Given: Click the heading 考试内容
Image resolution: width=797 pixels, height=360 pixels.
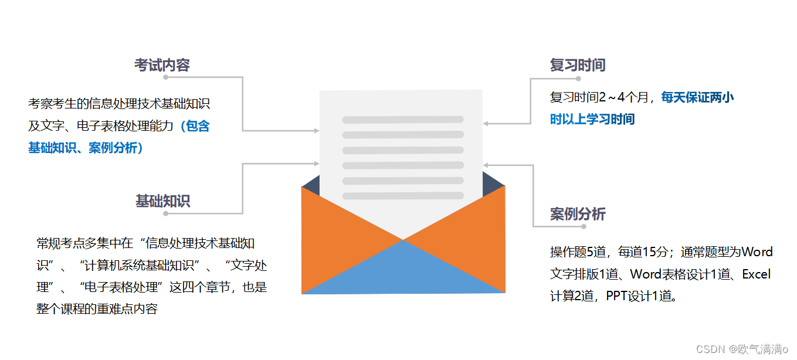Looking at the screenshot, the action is coord(162,65).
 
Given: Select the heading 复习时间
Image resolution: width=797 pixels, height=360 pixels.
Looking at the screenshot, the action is coord(577,65).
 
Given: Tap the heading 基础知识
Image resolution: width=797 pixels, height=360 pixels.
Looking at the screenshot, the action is coord(162,201).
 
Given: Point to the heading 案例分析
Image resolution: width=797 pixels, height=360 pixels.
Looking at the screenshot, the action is coord(577,214).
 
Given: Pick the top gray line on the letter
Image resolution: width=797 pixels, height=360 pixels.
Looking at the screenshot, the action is coord(403,120).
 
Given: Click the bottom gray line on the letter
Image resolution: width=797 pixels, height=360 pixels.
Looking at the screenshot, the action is coord(403,196).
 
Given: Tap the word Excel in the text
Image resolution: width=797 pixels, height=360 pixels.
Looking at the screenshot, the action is coord(757,274).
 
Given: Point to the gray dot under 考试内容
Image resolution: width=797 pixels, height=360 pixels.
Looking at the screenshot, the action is coord(166,77).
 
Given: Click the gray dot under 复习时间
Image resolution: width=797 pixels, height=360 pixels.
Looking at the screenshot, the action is coord(578,79).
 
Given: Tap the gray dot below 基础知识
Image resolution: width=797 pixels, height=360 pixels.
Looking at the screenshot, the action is coord(166,213).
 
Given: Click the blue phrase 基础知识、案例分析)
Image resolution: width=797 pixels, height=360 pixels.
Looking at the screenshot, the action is coord(86,148).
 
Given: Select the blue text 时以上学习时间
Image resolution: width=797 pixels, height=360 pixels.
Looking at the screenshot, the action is coord(592,120).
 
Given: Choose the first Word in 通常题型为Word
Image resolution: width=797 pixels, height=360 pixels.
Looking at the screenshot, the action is coord(757,252).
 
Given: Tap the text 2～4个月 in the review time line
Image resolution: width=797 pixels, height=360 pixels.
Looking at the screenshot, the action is coord(623,97).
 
